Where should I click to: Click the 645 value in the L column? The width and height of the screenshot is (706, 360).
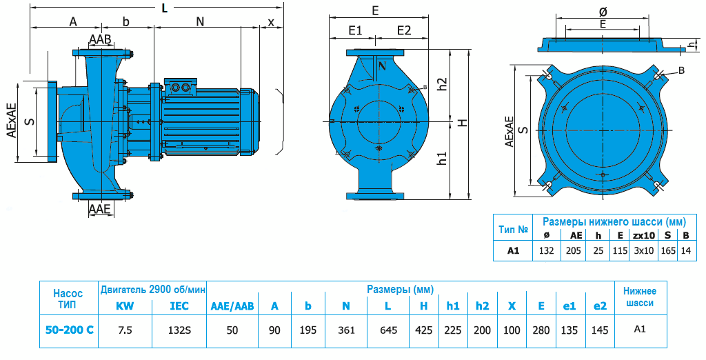coord(389,330)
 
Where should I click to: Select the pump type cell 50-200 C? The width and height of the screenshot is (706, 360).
coord(68,330)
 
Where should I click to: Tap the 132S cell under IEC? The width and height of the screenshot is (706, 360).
coord(179,330)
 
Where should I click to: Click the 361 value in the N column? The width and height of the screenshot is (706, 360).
coord(347,330)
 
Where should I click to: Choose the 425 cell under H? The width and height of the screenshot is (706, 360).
coord(423,330)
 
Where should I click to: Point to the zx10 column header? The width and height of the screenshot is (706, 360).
coord(643,235)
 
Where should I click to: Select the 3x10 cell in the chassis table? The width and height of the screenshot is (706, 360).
coord(643,251)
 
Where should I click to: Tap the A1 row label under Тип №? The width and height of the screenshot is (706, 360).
coord(513,251)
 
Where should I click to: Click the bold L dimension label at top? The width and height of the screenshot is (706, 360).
coord(163,8)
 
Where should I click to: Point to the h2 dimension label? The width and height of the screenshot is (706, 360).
coord(443,83)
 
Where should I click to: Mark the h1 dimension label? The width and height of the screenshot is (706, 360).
coord(443,158)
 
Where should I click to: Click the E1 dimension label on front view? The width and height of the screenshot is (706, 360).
coord(356,30)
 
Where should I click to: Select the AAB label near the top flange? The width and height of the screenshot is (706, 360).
coord(100,39)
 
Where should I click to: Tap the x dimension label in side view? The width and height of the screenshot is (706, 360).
coord(271,21)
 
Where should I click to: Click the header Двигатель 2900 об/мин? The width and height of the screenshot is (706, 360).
coord(153,288)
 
